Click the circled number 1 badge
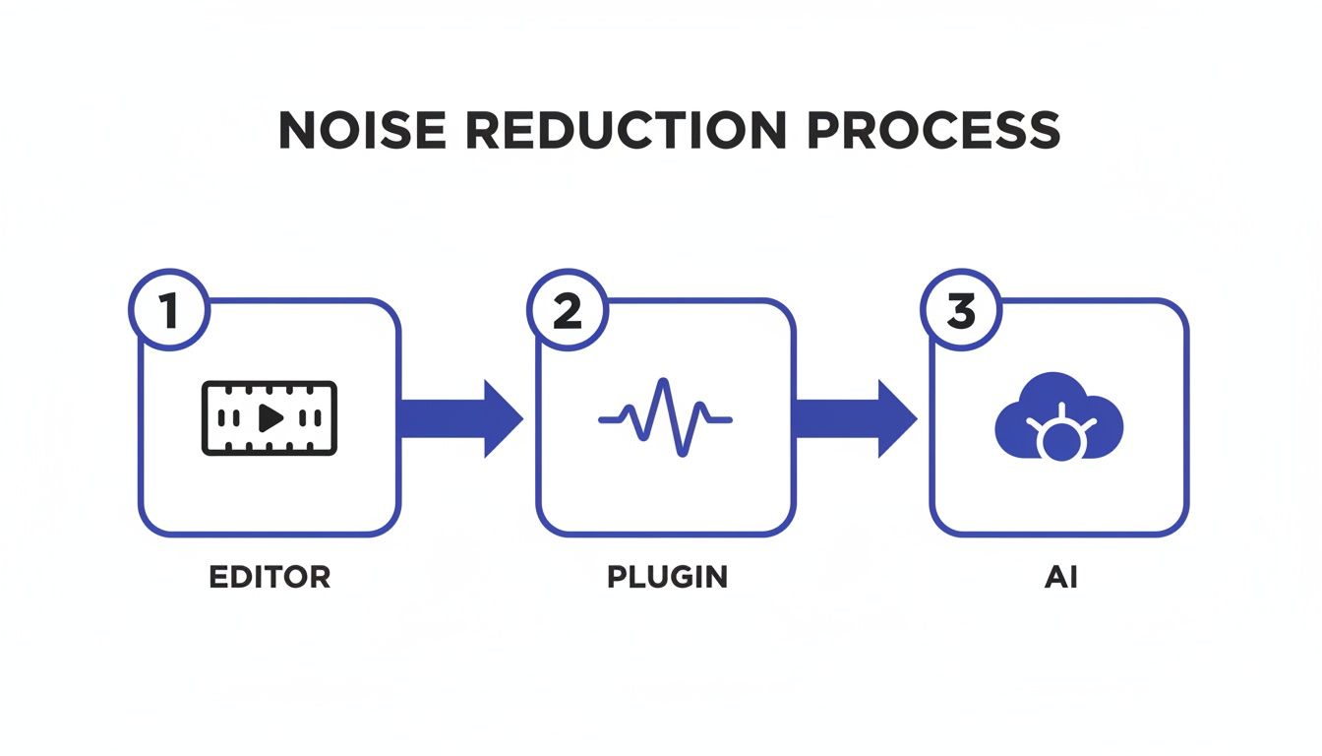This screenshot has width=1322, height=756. click(168, 311)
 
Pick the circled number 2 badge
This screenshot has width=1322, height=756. click(567, 311)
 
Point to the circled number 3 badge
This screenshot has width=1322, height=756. click(960, 311)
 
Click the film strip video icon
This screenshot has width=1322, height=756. click(269, 418)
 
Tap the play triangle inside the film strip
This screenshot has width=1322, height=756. click(270, 418)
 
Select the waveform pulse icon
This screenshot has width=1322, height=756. click(665, 418)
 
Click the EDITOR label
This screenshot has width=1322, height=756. click(270, 577)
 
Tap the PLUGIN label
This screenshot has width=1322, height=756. click(667, 577)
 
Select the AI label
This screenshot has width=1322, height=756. click(1060, 577)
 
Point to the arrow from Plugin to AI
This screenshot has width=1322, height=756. click(855, 418)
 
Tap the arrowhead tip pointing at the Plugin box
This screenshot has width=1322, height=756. click(520, 418)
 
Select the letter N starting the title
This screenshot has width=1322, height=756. click(298, 130)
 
